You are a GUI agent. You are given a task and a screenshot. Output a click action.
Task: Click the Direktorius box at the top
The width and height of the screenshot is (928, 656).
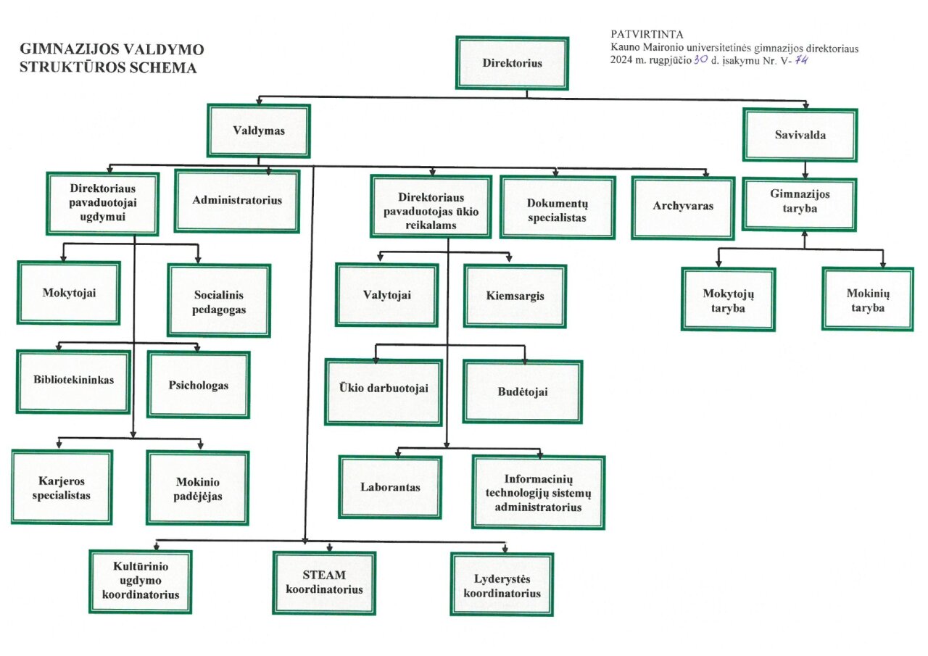[x=512, y=63]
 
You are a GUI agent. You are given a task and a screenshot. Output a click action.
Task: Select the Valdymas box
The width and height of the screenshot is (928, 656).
[x=258, y=131]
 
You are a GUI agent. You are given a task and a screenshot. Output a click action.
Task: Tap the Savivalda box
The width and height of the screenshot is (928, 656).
[x=799, y=135]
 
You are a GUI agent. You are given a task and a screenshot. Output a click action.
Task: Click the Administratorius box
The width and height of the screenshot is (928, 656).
[x=237, y=201]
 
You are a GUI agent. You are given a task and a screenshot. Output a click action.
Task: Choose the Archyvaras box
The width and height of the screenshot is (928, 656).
[x=682, y=207]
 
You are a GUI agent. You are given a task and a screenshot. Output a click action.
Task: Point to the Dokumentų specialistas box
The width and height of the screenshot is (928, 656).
[x=557, y=207]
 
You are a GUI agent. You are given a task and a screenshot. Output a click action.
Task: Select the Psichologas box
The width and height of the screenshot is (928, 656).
[x=199, y=385]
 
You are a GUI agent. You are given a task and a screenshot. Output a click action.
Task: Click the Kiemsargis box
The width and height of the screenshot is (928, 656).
[x=515, y=296]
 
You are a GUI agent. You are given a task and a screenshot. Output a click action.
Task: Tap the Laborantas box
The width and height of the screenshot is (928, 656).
[x=390, y=487]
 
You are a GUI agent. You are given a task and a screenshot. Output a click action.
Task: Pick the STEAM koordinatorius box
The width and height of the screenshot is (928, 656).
[x=324, y=584]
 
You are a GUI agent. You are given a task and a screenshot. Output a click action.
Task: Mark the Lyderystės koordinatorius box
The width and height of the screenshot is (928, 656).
[x=502, y=584]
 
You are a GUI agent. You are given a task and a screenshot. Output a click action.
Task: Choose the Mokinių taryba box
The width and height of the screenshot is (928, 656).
[x=867, y=299]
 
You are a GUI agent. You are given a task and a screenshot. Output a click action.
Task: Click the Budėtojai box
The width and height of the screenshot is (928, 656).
[x=522, y=392]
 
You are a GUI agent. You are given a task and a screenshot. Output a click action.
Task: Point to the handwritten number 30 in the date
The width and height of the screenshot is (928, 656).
[x=700, y=60]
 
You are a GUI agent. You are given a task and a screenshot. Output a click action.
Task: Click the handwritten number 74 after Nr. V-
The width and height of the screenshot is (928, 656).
[x=801, y=60]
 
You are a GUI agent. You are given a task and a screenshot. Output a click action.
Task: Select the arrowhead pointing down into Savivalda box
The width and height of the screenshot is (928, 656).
[x=806, y=104]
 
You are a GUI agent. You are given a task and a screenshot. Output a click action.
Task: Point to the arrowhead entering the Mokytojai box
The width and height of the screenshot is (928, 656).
[x=65, y=258]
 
